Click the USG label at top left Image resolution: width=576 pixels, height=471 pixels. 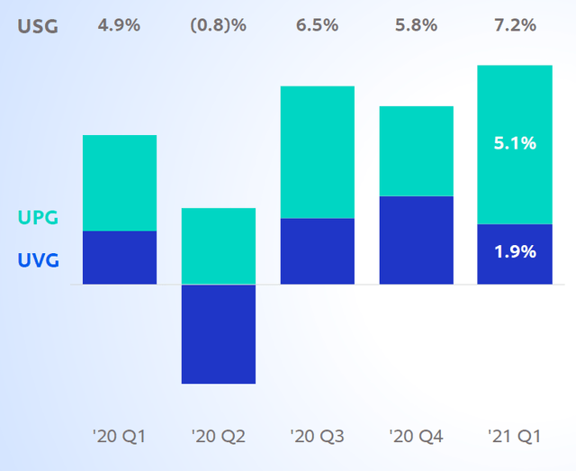[x=38, y=26]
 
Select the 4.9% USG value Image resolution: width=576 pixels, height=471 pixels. [x=119, y=25]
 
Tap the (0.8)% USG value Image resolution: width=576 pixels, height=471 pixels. [x=218, y=25]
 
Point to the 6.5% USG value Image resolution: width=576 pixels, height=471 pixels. [x=317, y=25]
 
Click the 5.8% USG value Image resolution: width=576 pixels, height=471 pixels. [x=416, y=25]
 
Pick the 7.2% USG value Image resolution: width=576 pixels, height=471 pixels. [x=514, y=25]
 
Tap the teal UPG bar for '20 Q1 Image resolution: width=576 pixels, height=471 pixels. [x=120, y=183]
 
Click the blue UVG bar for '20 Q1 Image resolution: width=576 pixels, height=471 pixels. [x=120, y=258]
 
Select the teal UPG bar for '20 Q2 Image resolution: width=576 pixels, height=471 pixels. [x=219, y=246]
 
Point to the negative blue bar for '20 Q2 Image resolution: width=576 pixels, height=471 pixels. [x=219, y=334]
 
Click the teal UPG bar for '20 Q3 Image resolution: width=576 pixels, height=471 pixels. [x=317, y=152]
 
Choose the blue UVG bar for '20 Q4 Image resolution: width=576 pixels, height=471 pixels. [x=416, y=240]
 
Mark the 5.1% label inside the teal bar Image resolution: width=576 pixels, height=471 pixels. [x=514, y=143]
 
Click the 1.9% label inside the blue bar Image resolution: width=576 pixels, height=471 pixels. [x=514, y=252]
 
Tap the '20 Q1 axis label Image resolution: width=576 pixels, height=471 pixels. [x=119, y=438]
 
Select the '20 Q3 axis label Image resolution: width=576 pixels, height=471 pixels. [x=317, y=438]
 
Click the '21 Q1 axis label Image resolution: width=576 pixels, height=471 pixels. [x=514, y=438]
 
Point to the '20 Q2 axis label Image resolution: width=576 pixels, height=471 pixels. [x=218, y=438]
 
